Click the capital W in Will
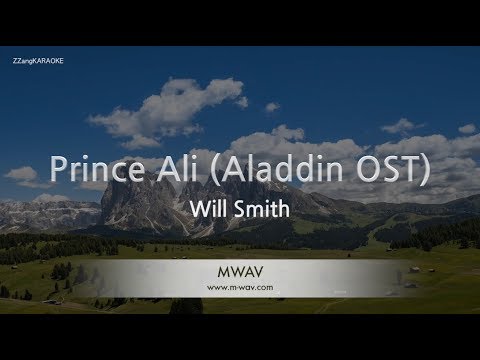pyautogui.click(x=196, y=211)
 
